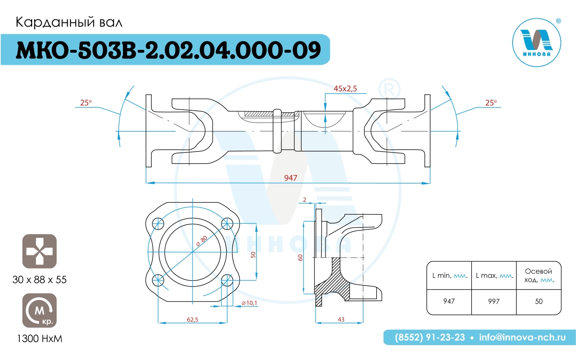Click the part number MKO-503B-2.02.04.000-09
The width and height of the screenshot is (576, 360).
click(x=168, y=50)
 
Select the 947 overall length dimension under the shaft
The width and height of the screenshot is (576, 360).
click(x=290, y=178)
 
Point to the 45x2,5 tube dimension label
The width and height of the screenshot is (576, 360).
click(x=345, y=88)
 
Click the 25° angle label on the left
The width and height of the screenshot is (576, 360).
click(x=86, y=103)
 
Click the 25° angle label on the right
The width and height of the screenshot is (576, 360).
click(x=491, y=103)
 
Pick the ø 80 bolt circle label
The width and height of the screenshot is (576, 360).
click(x=202, y=240)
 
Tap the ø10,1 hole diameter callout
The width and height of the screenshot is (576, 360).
click(x=250, y=303)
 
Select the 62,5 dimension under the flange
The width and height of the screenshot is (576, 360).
click(x=192, y=319)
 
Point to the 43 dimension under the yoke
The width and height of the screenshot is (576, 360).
click(x=341, y=319)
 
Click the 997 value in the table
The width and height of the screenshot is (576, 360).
click(x=494, y=301)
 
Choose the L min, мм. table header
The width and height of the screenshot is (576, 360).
click(x=450, y=276)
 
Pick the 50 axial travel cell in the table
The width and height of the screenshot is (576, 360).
click(x=539, y=301)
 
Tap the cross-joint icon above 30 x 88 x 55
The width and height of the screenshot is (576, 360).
click(x=39, y=251)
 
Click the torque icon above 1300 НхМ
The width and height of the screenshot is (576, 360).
click(x=39, y=311)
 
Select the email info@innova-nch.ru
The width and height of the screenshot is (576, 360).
click(x=522, y=337)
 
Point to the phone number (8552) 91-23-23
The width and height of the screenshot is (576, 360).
click(x=430, y=337)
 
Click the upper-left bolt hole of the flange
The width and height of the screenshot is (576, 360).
click(x=158, y=224)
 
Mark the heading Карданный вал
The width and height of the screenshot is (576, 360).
click(x=69, y=23)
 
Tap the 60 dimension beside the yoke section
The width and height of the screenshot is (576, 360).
click(x=300, y=258)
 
